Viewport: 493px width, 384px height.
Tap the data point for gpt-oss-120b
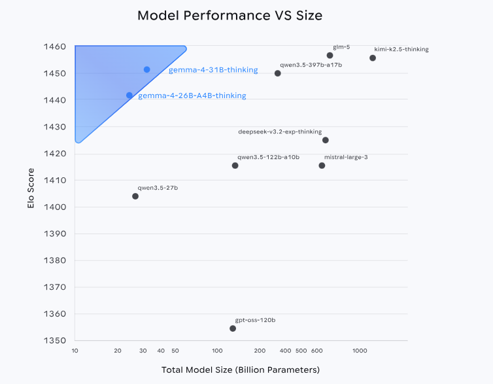pos(233,328)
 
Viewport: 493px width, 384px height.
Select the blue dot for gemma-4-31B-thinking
pos(147,69)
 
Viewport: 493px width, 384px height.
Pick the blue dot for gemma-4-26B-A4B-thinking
pos(129,96)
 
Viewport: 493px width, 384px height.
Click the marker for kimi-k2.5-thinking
pos(373,58)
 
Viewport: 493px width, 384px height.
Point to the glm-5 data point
pos(330,56)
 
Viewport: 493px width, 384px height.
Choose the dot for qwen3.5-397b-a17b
pos(278,73)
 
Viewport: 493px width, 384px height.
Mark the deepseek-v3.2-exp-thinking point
pos(326,140)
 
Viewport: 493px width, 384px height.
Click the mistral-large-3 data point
pos(322,166)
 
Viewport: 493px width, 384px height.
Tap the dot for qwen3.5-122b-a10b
pos(235,166)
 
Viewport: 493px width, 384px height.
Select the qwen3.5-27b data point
pos(135,196)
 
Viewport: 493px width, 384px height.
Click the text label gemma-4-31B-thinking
pos(213,70)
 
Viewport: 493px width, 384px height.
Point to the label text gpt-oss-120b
pos(255,320)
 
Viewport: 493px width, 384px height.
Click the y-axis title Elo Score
pos(31,190)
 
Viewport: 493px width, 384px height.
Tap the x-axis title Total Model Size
pos(241,370)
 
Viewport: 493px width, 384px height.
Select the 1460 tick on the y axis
pos(56,47)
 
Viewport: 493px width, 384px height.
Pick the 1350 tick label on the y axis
pos(56,341)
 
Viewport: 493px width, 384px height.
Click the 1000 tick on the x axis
pos(360,351)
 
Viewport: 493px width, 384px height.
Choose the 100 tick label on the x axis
pos(218,351)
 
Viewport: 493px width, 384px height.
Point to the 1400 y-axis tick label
pos(56,207)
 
